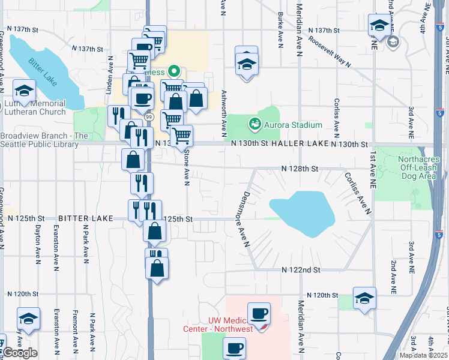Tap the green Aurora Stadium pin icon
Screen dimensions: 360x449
tap(255, 124)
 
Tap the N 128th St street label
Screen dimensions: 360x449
tap(301, 169)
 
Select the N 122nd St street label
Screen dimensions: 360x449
tap(301, 271)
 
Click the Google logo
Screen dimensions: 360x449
tap(20, 352)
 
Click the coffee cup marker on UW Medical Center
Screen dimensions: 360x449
tap(259, 314)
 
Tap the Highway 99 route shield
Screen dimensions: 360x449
tap(148, 116)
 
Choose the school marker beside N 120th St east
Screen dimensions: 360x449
tap(364, 299)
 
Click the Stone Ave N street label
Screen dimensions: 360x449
tap(187, 167)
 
